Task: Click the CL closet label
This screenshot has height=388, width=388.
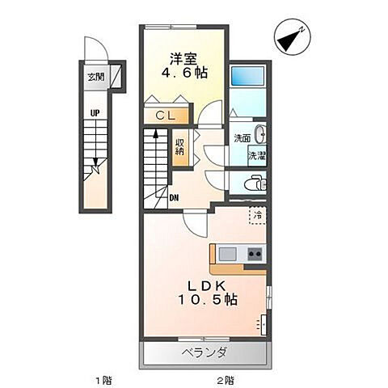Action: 166,116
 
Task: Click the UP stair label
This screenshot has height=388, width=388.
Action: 95,113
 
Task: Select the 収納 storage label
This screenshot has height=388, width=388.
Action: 181,146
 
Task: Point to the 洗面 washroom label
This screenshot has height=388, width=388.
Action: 242,138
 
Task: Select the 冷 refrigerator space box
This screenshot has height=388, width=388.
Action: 257,216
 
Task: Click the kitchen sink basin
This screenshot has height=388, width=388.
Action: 228,254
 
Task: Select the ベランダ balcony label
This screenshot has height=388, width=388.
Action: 204,352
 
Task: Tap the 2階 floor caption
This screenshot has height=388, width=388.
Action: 226,379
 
